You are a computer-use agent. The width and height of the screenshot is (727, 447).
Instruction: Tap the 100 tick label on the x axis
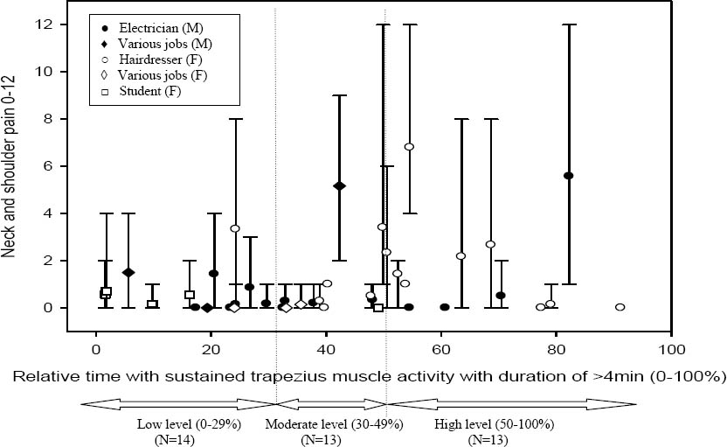coord(671,347)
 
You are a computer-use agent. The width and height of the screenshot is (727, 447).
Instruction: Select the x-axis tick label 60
coord(441,347)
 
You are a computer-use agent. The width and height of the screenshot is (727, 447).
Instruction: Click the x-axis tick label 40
coord(326,347)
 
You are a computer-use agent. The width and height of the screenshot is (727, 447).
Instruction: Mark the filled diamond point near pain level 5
coord(339,185)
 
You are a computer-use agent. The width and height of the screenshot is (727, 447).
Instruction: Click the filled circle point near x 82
coord(568,176)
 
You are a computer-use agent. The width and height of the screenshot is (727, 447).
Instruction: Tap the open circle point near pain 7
coord(408,147)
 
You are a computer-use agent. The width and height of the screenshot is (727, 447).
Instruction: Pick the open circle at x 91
coord(620,307)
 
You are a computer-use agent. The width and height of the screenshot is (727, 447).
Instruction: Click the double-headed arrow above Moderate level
coord(331,403)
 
